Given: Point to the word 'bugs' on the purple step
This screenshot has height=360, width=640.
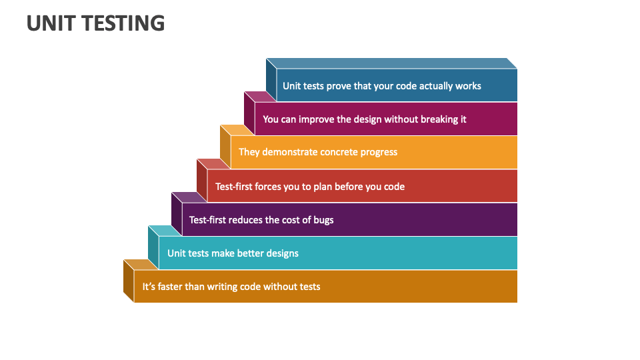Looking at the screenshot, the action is pos(323,221).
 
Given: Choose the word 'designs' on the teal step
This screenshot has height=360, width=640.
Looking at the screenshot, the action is pos(283,253).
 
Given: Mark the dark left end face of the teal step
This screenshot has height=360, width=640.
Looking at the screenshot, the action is pos(153,247).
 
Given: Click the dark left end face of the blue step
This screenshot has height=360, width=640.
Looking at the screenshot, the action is pos(271,80).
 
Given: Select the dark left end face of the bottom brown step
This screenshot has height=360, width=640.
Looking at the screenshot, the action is pos(129,281).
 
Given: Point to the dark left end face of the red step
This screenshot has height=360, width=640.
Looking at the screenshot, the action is pos(202,181).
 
